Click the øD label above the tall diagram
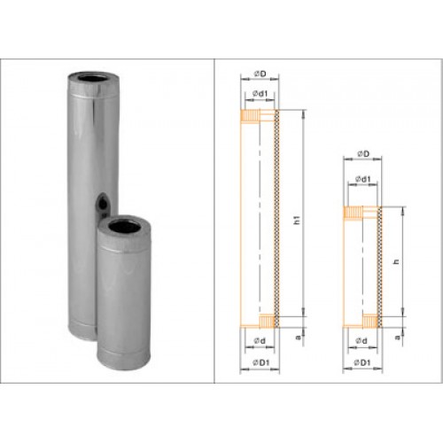260,74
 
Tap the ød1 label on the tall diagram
260,94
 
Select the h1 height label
298,220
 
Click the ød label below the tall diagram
260,341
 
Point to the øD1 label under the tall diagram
261,362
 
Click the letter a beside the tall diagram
299,337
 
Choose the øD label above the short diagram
363,154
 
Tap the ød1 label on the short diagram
362,179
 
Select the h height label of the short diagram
397,261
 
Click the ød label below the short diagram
361,341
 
